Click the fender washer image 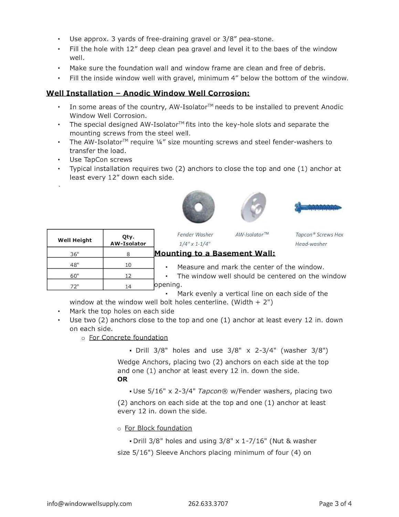(x=198, y=207)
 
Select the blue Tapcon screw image (x=318, y=207)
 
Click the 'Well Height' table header (x=75, y=240)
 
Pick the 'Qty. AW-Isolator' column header (x=128, y=240)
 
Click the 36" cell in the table (x=75, y=254)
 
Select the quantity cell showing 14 (x=128, y=286)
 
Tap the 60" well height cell (x=75, y=276)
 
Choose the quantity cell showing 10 (x=128, y=265)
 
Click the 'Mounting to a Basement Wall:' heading (x=215, y=253)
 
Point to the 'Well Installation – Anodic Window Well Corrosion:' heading (x=148, y=93)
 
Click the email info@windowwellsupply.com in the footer (x=89, y=504)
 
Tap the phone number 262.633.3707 (x=208, y=504)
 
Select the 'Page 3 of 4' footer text (x=335, y=504)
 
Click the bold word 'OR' (x=123, y=379)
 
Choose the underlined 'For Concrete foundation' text (x=128, y=338)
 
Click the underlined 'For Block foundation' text (x=158, y=428)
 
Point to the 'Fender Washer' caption (x=195, y=235)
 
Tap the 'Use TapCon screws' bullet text (x=101, y=160)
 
